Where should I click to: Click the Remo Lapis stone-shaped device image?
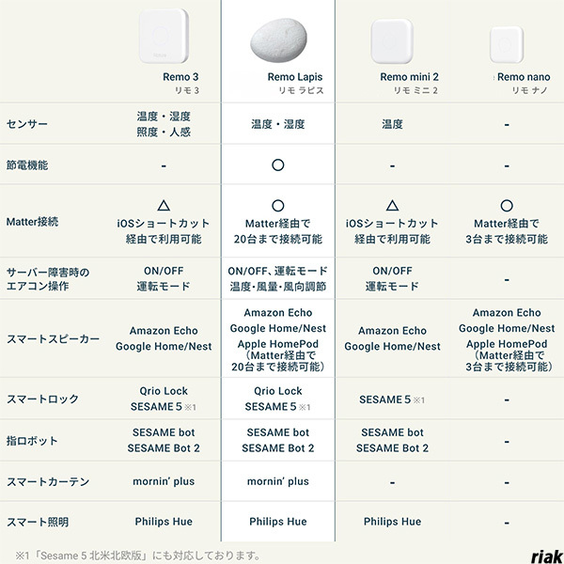click(277, 39)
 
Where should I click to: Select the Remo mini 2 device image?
click(392, 39)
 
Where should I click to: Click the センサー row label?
click(27, 124)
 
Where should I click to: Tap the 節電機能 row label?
click(27, 164)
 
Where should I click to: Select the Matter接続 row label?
click(33, 222)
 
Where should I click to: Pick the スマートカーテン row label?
click(49, 481)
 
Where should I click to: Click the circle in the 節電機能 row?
click(277, 164)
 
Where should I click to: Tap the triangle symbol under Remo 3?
click(164, 205)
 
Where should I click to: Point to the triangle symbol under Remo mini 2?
click(392, 205)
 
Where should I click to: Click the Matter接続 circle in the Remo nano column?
click(507, 205)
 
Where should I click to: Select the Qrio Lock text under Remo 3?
click(164, 391)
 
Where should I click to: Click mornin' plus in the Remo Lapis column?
click(277, 481)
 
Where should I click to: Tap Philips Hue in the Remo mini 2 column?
click(392, 522)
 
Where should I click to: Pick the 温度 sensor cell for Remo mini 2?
click(392, 124)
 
